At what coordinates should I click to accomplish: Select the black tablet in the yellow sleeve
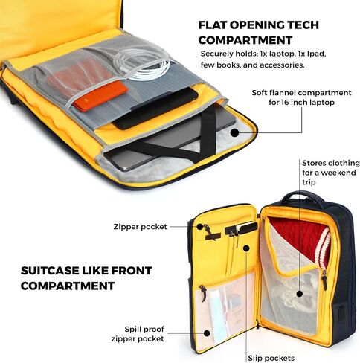(155, 109)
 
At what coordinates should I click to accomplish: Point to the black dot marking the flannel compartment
(234, 132)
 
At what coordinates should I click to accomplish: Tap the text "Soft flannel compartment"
(301, 93)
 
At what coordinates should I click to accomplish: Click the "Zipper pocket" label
(141, 227)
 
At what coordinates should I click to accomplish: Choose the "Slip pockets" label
(271, 358)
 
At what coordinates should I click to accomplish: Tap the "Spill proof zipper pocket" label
(138, 334)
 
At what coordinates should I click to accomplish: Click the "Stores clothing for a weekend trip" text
(331, 173)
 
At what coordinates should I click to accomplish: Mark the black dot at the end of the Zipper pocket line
(200, 226)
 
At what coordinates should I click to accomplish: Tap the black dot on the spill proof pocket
(207, 333)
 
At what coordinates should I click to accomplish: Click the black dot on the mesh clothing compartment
(300, 294)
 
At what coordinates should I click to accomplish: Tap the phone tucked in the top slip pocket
(247, 228)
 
